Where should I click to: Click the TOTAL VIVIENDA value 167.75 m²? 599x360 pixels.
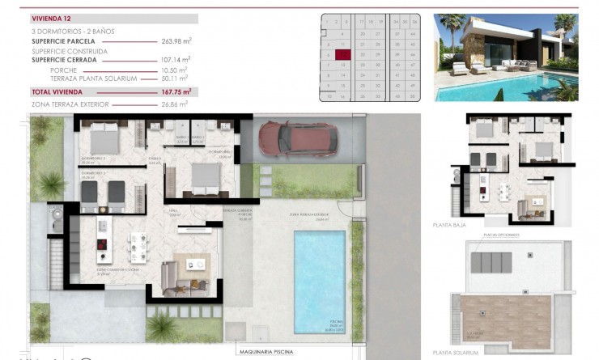click(x=176, y=92)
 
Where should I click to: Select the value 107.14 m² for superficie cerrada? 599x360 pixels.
click(x=176, y=60)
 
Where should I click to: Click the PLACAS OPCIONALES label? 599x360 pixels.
click(x=493, y=236)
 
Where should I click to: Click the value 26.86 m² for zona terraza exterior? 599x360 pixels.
click(x=177, y=104)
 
